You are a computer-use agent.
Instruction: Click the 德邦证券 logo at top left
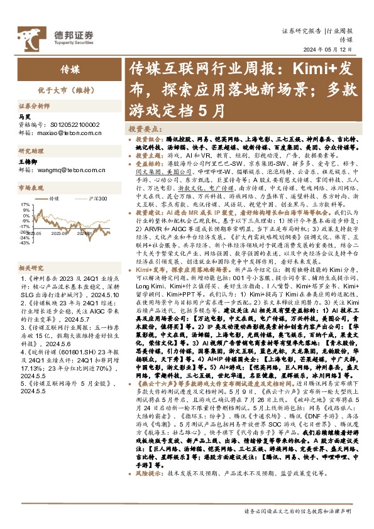tap(63, 35)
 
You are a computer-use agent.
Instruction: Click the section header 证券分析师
tap(33, 106)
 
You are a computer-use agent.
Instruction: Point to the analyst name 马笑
tap(24, 117)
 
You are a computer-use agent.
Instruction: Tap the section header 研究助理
tap(30, 151)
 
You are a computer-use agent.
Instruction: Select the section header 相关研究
tap(30, 267)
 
